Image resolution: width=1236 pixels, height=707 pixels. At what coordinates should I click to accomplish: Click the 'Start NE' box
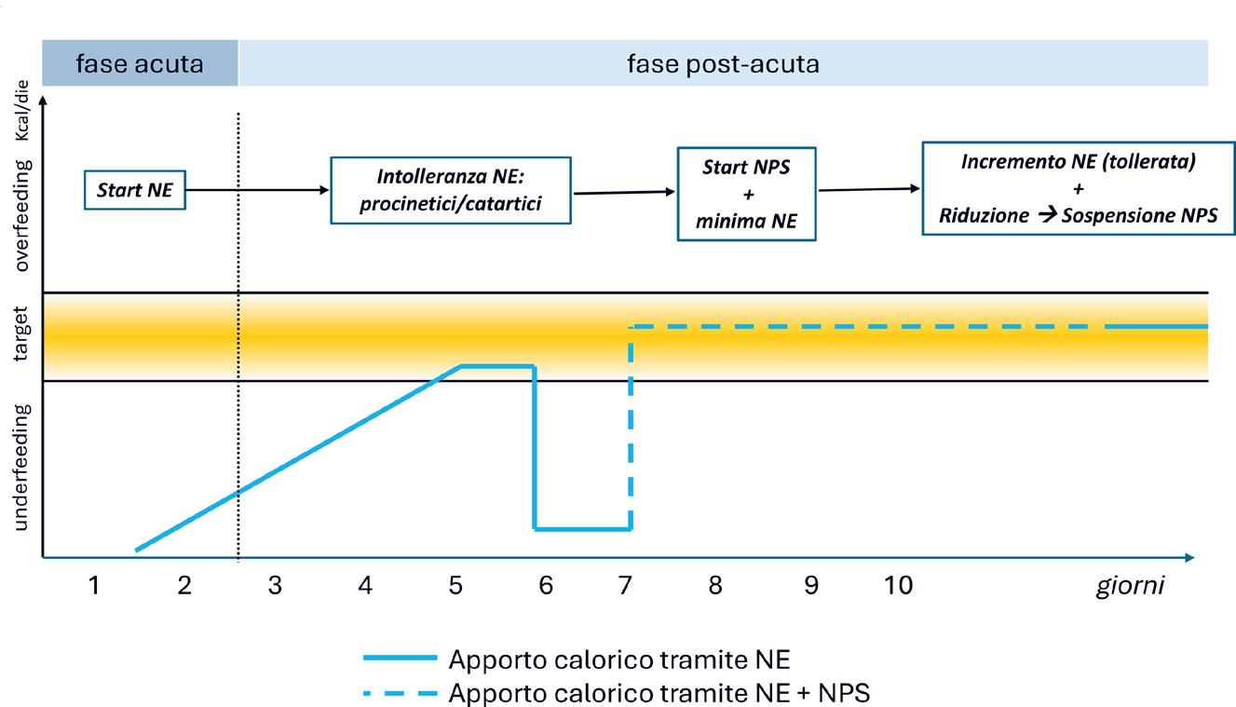pyautogui.click(x=135, y=190)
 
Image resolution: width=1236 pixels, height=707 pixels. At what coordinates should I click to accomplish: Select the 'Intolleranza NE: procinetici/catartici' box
pyautogui.click(x=450, y=191)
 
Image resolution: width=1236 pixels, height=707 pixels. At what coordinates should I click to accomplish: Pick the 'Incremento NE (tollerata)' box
pyautogui.click(x=1078, y=188)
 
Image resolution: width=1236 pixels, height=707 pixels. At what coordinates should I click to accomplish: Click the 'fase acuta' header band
pyautogui.click(x=140, y=64)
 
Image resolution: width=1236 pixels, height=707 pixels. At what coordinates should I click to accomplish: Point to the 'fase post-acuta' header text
pyautogui.click(x=723, y=64)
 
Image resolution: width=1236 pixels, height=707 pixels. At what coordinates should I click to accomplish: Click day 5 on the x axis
pyautogui.click(x=455, y=586)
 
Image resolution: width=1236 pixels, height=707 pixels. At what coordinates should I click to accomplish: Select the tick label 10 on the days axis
pyautogui.click(x=898, y=586)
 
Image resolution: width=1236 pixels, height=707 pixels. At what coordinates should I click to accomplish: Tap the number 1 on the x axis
pyautogui.click(x=93, y=586)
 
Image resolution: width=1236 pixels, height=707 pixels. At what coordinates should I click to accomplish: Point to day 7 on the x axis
pyautogui.click(x=625, y=586)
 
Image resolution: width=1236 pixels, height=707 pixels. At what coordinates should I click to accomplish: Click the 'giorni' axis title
pyautogui.click(x=1129, y=587)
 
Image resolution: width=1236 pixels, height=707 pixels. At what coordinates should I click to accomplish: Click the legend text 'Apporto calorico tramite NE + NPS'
pyautogui.click(x=659, y=693)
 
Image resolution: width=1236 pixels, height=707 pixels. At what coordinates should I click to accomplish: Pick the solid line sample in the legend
pyautogui.click(x=399, y=659)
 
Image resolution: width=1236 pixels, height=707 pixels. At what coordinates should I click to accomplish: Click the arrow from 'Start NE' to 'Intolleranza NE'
pyautogui.click(x=257, y=190)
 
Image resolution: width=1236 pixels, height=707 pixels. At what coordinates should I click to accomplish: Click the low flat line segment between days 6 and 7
pyautogui.click(x=583, y=529)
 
